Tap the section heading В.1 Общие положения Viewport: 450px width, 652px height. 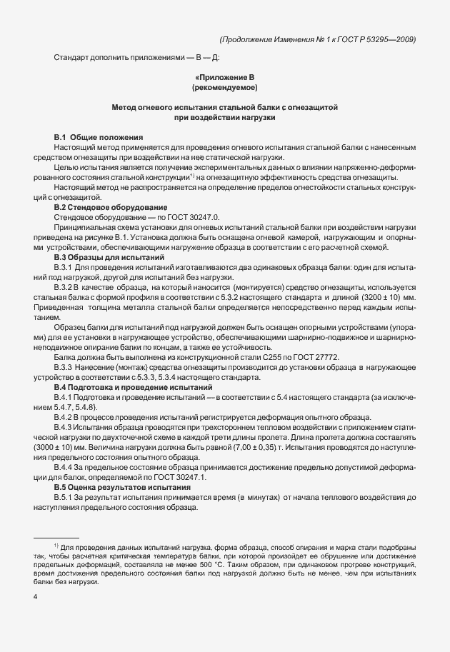point(99,136)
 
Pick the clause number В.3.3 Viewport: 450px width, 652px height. point(66,366)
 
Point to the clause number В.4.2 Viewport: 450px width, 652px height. point(66,416)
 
